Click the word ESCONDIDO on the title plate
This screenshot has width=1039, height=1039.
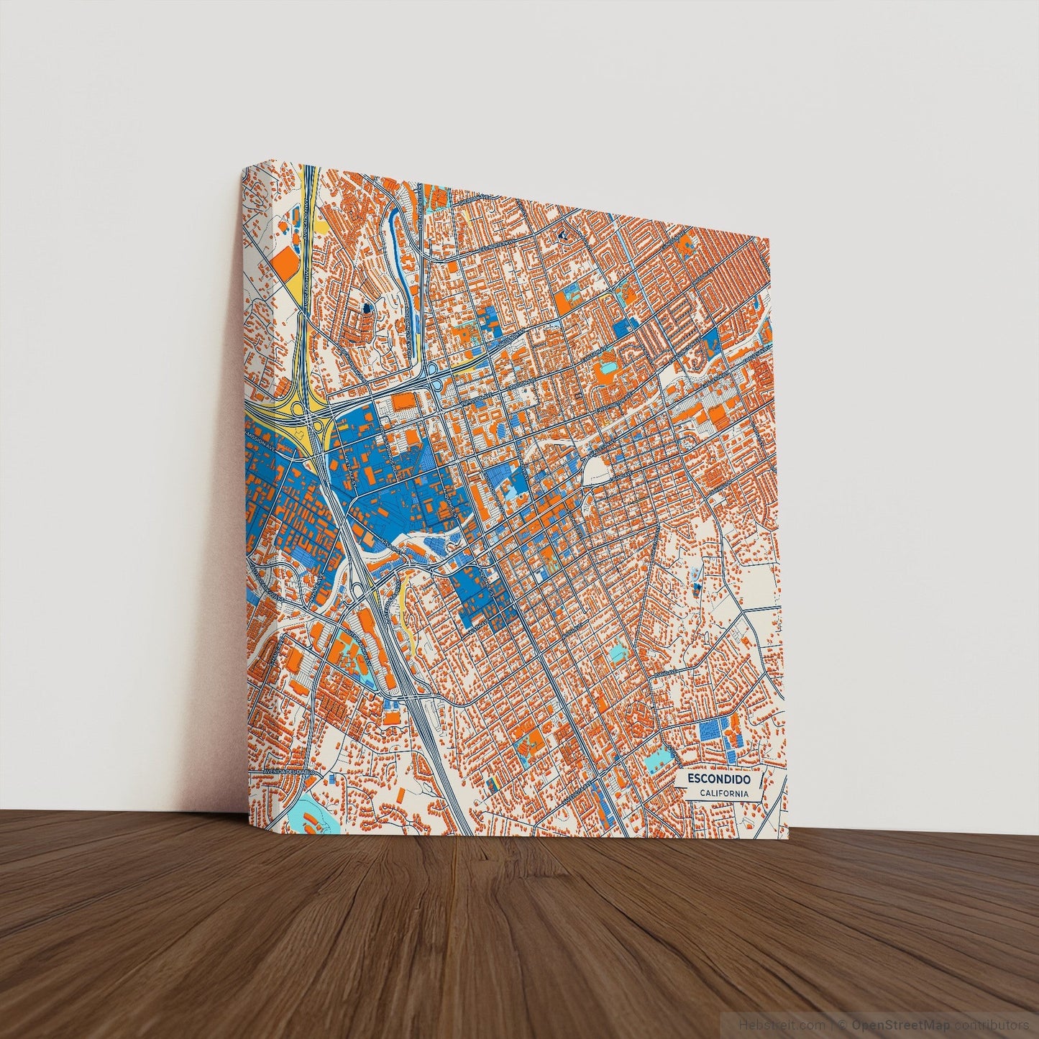coord(718,779)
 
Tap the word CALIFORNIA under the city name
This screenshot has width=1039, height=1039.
coord(725,793)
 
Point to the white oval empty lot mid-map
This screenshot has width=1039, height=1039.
coord(596,472)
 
